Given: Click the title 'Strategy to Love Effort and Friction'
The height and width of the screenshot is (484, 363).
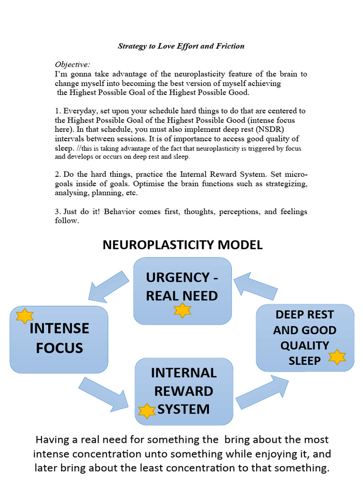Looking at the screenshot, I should [x=181, y=46].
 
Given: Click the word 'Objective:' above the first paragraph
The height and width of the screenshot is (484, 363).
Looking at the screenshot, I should [x=72, y=64].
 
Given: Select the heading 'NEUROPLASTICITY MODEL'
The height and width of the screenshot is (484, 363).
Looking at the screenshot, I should [x=182, y=245].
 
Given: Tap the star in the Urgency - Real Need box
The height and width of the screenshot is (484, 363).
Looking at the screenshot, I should [x=182, y=310].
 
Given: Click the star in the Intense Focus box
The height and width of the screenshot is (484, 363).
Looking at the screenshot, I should [x=24, y=316].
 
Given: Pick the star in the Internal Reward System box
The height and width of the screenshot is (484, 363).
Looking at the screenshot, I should [x=147, y=411].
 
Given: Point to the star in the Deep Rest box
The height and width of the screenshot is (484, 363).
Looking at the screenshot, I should [x=337, y=357].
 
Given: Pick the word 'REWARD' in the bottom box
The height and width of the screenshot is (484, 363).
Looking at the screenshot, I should [x=183, y=391].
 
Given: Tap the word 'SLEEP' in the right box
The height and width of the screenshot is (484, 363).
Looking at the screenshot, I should [x=305, y=361].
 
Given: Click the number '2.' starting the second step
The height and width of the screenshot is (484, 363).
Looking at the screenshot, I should [x=58, y=174].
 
